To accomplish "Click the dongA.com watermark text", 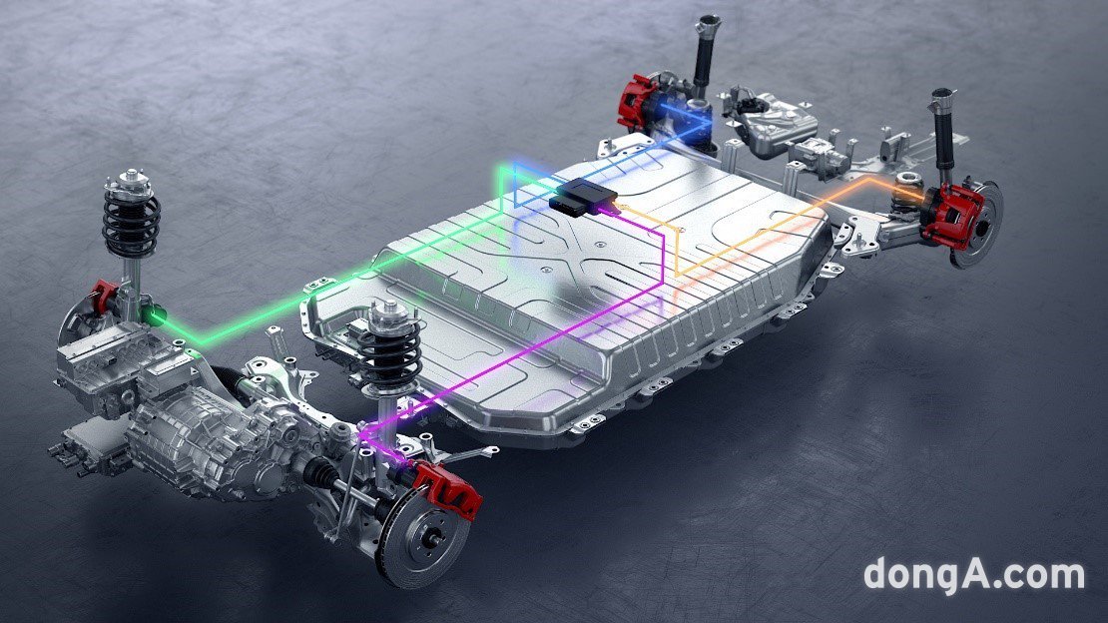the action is point(973,574).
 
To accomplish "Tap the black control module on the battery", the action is point(583,196).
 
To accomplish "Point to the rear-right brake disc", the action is point(978,225).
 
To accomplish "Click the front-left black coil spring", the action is point(132,220).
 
